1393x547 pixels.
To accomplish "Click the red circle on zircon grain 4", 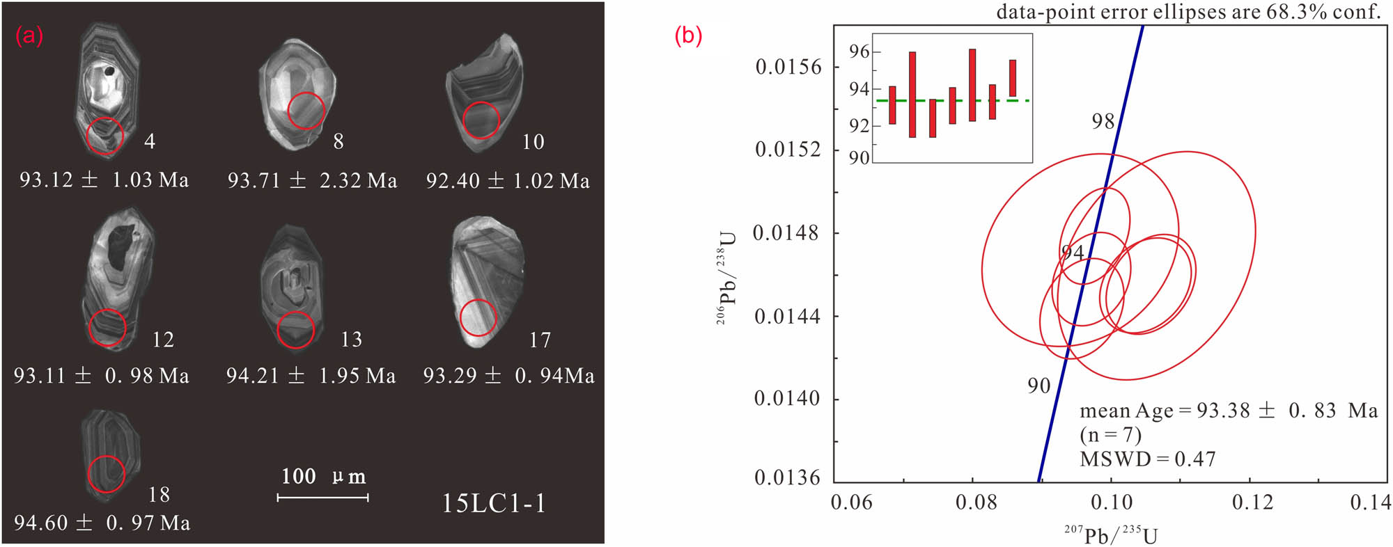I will [105, 135].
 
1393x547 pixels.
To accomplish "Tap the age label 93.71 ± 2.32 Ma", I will [312, 181].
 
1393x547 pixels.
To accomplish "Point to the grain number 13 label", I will [351, 340].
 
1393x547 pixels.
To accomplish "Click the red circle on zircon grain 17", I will [478, 317].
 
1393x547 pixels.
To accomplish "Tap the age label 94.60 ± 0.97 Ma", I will [102, 523].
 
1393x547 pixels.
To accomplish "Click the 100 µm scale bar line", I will [322, 498].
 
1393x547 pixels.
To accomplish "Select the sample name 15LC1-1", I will [494, 503].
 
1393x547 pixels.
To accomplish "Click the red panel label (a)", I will [29, 35].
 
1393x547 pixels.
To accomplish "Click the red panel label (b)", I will [688, 35].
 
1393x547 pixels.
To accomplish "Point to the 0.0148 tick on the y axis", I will [787, 233].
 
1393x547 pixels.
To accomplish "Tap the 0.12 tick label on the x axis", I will [1252, 502].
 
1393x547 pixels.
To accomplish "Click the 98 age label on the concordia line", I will [1103, 122].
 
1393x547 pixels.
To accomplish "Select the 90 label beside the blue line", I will [1038, 386].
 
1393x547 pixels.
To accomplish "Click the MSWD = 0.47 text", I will [1147, 459].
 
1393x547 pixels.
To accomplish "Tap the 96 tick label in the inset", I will [859, 51].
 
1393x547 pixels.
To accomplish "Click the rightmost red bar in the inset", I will [1013, 78].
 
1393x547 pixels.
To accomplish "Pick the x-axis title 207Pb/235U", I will [1111, 535].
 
